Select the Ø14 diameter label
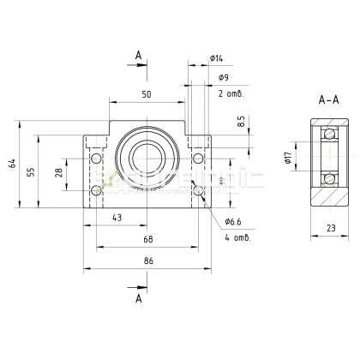point(215,58)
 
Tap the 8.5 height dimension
point(242,123)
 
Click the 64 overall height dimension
point(12,164)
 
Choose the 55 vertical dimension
point(31,172)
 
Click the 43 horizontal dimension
point(117,218)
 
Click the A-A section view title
point(328,99)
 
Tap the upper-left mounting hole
point(95,159)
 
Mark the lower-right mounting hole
point(199,190)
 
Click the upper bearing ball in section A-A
point(328,135)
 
